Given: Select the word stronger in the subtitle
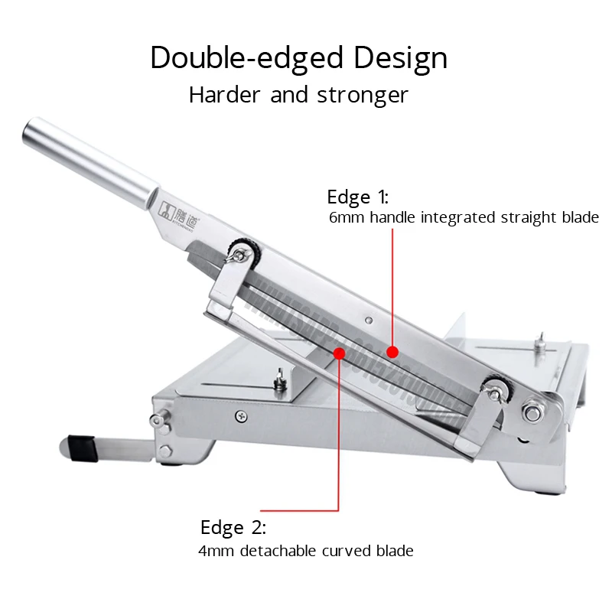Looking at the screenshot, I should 364,95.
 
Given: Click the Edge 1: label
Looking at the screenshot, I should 357,197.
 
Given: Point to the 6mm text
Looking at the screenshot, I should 347,218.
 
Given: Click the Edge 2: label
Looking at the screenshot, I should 233,527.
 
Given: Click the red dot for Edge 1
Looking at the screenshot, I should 392,351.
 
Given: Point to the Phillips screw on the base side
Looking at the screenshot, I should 242,415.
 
